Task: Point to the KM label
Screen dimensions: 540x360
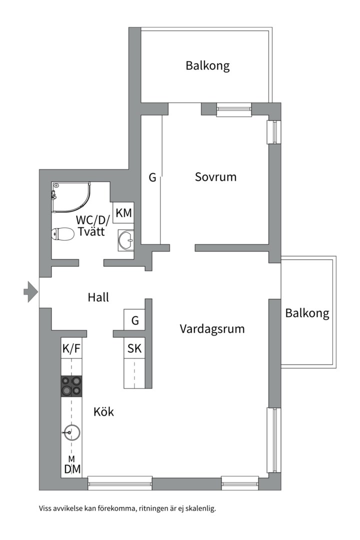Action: [x=123, y=213]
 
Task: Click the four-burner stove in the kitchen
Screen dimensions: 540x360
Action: [x=70, y=385]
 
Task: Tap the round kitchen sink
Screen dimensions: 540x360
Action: [x=71, y=432]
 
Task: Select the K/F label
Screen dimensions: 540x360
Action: [x=71, y=348]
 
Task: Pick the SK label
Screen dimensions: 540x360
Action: [x=134, y=348]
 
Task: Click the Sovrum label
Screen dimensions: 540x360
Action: [x=215, y=177]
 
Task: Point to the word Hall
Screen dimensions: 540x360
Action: [x=98, y=297]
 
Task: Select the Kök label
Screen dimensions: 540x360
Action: [x=103, y=412]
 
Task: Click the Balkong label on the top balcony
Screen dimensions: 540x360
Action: [x=207, y=65]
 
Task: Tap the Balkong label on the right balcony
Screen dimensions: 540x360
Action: [x=307, y=313]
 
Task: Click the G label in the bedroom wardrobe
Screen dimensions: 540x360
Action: [x=152, y=177]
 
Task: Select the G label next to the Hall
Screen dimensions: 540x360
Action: [x=135, y=320]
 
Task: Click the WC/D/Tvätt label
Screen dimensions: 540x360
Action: [x=92, y=225]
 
